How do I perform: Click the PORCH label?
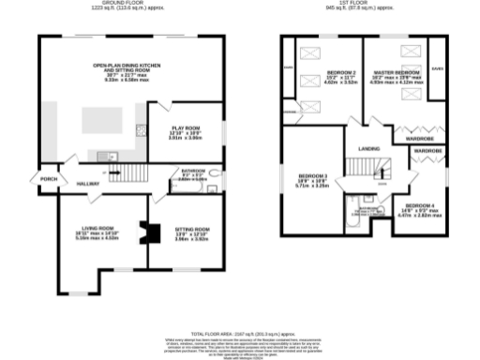(x=41, y=177)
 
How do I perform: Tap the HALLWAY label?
(x=88, y=184)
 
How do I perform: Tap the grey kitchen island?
(x=100, y=119)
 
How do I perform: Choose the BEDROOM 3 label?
(x=312, y=176)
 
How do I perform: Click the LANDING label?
(x=368, y=148)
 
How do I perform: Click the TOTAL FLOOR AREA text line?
(x=240, y=333)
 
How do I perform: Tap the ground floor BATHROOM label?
(x=192, y=171)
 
